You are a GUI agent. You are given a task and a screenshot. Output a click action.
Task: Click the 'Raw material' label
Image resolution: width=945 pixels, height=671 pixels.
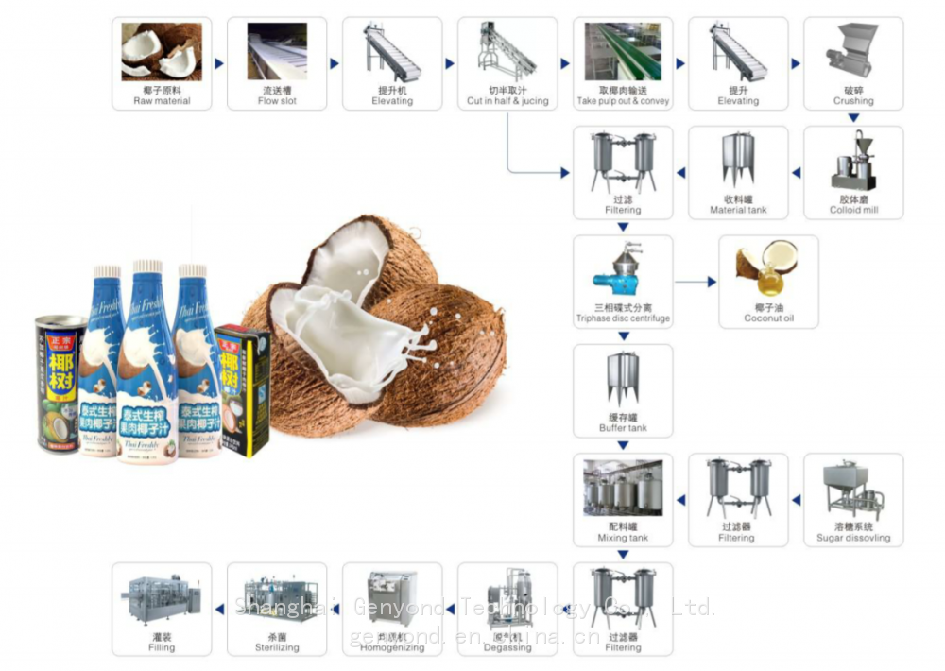[x=162, y=101]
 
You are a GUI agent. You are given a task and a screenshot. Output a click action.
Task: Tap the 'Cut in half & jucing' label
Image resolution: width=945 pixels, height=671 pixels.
[x=507, y=101]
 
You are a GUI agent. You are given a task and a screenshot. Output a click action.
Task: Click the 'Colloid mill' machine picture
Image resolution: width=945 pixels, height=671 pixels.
[x=853, y=163]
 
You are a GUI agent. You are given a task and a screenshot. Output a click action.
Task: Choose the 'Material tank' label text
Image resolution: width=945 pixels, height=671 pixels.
[x=738, y=211]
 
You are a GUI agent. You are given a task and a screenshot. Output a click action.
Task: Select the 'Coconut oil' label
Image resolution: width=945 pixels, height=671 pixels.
[x=768, y=319]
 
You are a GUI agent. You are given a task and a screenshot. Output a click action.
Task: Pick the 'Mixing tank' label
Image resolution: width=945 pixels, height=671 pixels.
[x=623, y=538]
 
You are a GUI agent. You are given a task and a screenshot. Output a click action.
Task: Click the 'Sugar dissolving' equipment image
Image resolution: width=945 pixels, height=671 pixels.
[x=852, y=490]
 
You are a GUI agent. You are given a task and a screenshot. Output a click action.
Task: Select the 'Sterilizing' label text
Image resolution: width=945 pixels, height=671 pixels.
[x=277, y=648]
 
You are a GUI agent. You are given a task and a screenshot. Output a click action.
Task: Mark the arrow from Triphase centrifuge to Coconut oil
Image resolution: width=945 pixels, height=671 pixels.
[x=696, y=282]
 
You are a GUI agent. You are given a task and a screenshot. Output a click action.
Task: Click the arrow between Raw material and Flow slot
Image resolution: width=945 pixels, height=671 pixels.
[x=219, y=64]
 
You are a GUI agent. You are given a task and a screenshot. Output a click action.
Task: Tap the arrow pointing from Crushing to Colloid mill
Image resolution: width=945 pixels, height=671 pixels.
[x=853, y=119]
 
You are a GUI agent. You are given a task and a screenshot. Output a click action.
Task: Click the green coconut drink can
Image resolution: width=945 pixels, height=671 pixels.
[x=60, y=384]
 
